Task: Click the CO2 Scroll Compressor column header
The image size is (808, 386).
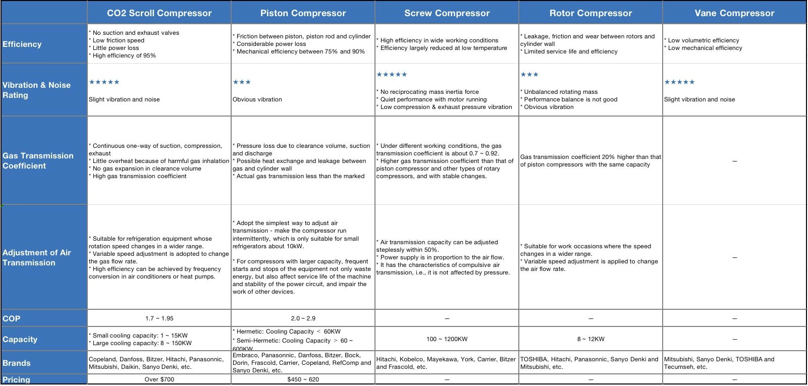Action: (x=159, y=13)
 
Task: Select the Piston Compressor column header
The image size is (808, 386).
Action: (x=303, y=13)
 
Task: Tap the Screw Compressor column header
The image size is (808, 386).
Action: (x=447, y=13)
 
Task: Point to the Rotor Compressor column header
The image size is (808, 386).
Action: (x=590, y=13)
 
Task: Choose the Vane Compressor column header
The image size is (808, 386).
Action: (x=734, y=13)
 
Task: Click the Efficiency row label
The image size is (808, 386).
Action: (x=22, y=44)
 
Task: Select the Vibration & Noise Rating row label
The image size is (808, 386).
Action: (x=36, y=90)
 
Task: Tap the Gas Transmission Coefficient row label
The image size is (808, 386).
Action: (x=38, y=160)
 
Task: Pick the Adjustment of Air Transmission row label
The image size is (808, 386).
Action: (x=36, y=257)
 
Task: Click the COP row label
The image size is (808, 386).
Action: (x=12, y=318)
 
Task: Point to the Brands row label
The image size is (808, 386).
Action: (x=17, y=363)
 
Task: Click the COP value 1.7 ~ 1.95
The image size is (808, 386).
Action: (x=159, y=318)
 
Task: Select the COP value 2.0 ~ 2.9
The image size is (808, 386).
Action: (x=303, y=318)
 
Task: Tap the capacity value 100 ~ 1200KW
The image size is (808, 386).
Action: (x=447, y=339)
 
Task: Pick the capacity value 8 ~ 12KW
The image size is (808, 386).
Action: (x=590, y=339)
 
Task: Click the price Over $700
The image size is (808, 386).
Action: (x=159, y=379)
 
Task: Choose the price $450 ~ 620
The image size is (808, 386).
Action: (x=303, y=379)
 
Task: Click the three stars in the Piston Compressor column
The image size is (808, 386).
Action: (x=242, y=82)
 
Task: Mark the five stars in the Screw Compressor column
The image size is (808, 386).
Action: (x=392, y=74)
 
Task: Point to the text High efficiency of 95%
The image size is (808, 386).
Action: (x=124, y=56)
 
